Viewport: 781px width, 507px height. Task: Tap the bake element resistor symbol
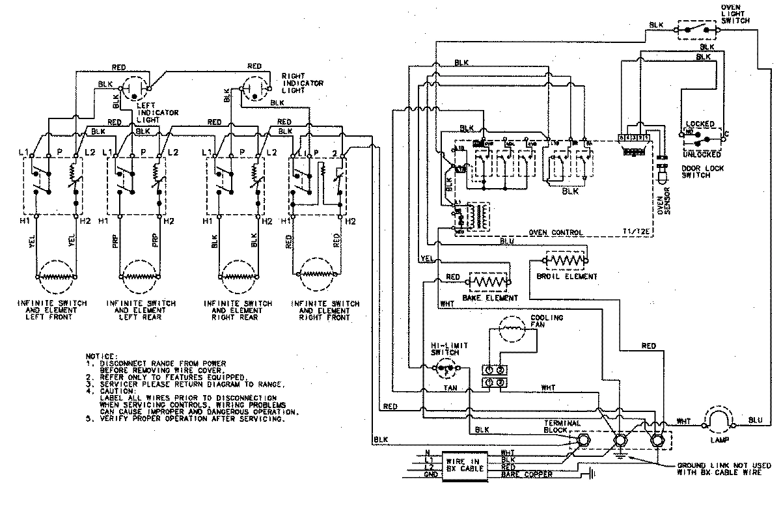[x=489, y=282]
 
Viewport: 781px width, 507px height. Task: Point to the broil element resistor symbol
[x=566, y=260]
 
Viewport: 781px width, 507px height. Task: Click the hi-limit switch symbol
[x=446, y=369]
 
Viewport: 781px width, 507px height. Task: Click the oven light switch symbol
[x=698, y=29]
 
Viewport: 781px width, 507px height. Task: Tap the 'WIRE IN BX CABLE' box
[x=463, y=465]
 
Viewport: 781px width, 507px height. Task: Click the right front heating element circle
[x=318, y=276]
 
